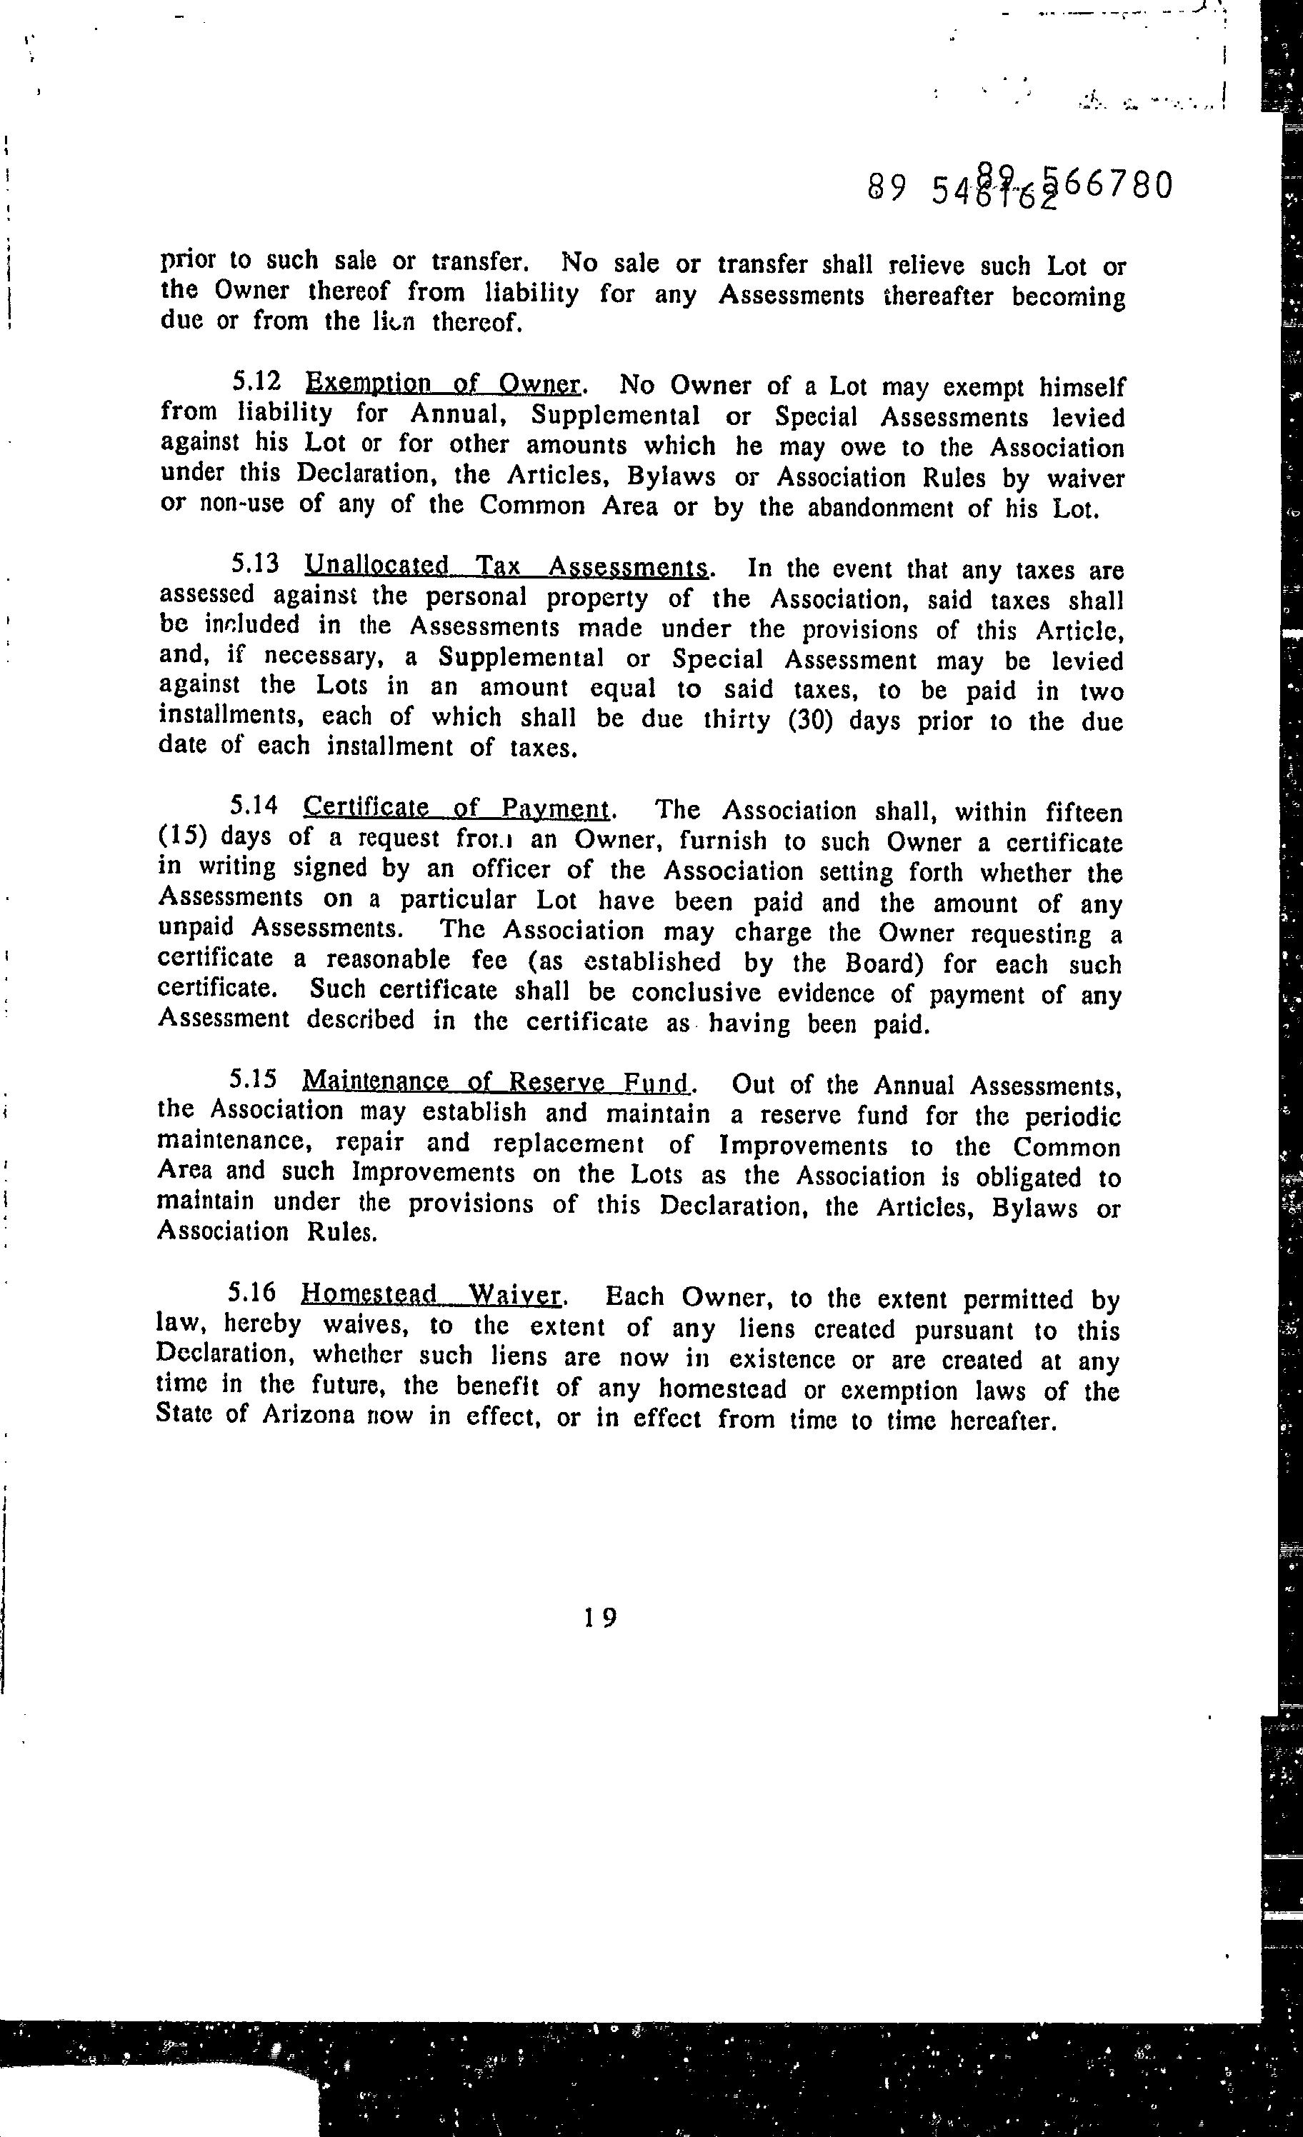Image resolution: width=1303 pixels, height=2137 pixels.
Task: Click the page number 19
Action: pos(599,1618)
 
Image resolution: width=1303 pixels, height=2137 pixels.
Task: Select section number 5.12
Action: pos(258,381)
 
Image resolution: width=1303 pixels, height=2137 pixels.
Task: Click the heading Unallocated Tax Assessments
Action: pos(506,567)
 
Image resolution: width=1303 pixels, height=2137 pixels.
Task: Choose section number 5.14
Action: pos(254,806)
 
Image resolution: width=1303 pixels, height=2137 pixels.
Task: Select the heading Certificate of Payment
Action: pos(456,809)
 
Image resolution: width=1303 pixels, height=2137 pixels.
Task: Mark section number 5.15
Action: pos(254,1080)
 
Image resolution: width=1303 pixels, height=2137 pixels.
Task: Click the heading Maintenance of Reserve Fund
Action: pos(496,1082)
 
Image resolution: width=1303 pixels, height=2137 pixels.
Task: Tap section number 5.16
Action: pos(251,1293)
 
